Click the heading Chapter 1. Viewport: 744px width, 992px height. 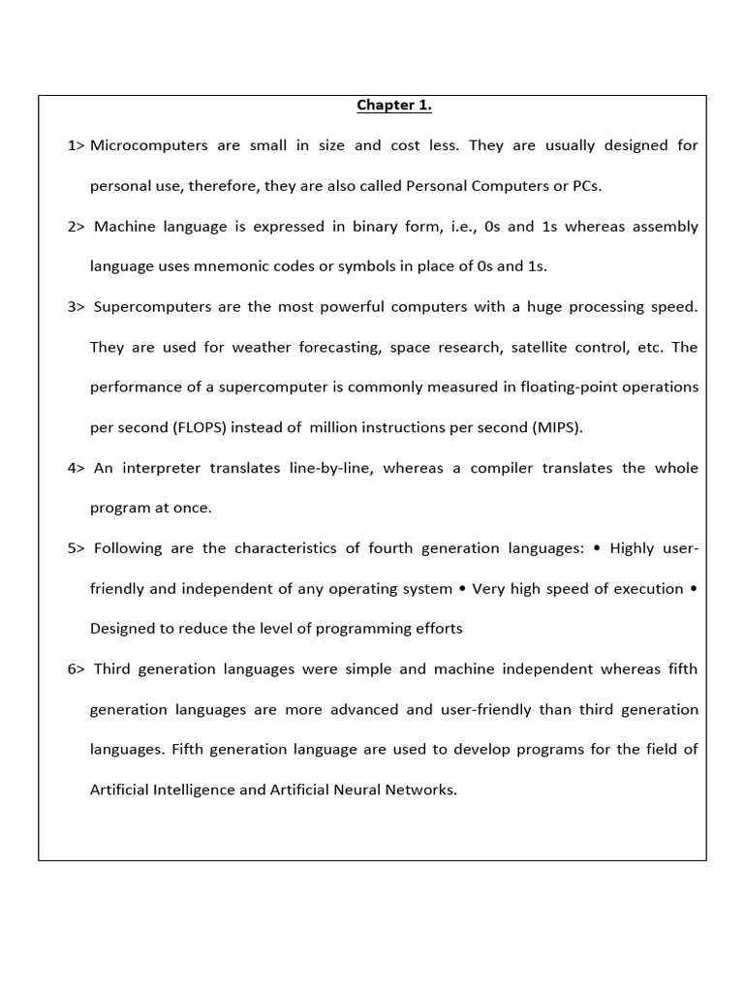[393, 105]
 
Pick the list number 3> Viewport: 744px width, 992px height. [77, 307]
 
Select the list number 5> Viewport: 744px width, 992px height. [77, 548]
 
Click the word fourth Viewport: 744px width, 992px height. [392, 548]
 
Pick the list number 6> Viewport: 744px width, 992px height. [77, 669]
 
